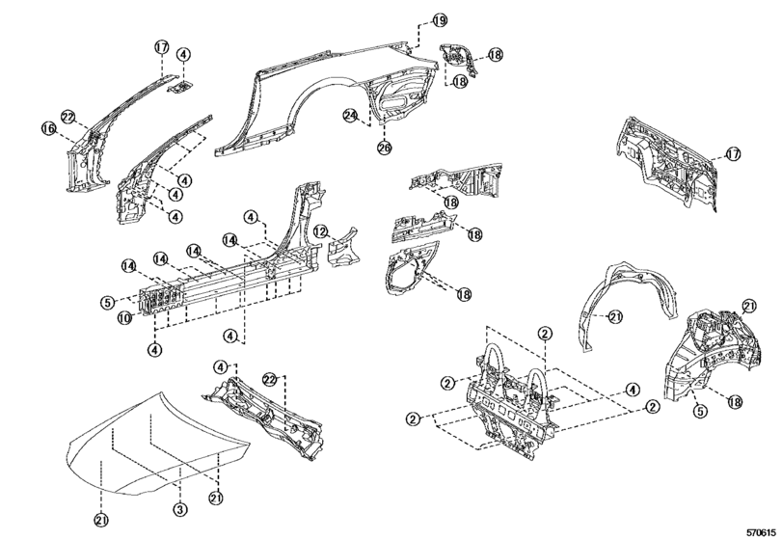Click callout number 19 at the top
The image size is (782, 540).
(x=440, y=20)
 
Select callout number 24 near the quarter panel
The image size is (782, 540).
(x=351, y=116)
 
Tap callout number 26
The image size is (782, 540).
(x=384, y=148)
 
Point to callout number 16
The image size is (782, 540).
(x=47, y=128)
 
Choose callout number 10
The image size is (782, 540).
(x=125, y=317)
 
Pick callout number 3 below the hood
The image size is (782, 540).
(x=178, y=508)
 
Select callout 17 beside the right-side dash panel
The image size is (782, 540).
(x=733, y=153)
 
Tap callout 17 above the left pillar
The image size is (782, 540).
(x=161, y=47)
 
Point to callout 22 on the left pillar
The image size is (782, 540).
(x=68, y=117)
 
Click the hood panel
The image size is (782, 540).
(x=154, y=453)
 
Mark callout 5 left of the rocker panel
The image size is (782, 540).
(x=108, y=302)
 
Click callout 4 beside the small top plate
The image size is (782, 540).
(x=183, y=55)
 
